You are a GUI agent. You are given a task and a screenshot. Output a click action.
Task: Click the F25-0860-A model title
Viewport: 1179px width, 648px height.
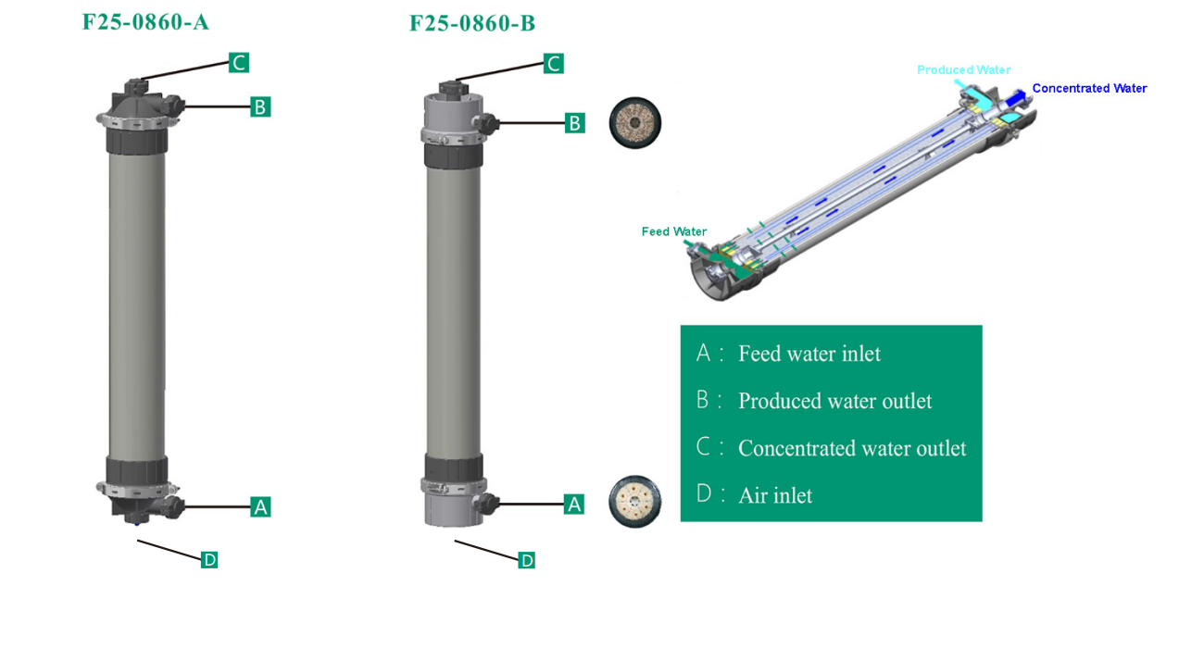tap(145, 22)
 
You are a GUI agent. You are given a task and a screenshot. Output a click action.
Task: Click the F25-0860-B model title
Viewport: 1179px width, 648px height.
tap(472, 23)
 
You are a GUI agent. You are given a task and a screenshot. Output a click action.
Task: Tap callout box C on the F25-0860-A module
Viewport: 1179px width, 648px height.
tap(239, 63)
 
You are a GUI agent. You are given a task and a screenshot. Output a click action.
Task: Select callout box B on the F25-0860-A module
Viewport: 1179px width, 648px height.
tap(260, 107)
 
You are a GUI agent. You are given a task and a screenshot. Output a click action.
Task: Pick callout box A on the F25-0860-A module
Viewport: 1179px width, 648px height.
tap(260, 507)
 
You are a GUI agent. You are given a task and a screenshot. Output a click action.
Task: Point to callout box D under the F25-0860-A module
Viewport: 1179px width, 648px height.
tap(209, 559)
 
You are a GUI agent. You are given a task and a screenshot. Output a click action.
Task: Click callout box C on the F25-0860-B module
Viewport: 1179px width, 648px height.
tap(553, 64)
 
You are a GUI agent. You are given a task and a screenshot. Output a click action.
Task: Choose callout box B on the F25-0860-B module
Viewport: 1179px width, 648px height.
tap(574, 123)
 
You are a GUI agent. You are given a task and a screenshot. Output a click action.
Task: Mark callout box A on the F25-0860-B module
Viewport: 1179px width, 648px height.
tap(574, 505)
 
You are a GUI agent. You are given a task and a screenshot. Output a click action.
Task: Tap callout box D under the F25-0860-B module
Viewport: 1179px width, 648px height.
tap(526, 560)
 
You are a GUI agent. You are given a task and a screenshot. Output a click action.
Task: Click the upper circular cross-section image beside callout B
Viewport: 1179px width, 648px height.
tap(634, 123)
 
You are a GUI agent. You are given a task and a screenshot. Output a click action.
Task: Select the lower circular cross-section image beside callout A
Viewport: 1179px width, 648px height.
tap(634, 502)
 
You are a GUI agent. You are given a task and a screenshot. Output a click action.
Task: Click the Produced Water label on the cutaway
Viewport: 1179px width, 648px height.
tap(963, 70)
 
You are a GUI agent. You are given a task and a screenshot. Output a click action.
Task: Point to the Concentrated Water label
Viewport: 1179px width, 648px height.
tap(1089, 89)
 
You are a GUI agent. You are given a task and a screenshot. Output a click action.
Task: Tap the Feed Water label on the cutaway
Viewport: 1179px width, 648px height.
tap(673, 231)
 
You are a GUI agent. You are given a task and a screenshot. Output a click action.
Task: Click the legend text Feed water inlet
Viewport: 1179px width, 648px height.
tap(809, 354)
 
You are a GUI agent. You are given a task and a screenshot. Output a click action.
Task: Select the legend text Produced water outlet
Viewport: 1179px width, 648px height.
tap(834, 401)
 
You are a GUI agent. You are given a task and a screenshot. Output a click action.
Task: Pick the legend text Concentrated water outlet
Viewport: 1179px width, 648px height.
tap(851, 449)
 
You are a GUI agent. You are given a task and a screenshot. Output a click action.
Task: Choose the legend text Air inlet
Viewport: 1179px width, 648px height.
tap(774, 496)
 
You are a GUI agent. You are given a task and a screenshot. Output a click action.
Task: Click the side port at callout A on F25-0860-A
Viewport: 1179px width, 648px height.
tap(173, 506)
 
